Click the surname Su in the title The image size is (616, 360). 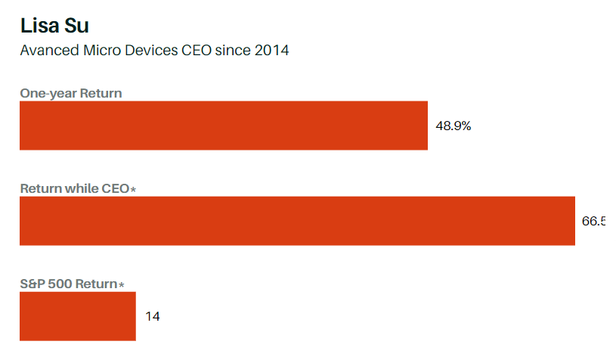78,26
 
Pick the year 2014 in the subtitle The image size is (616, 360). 271,51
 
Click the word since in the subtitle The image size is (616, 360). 234,51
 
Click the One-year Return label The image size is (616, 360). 71,93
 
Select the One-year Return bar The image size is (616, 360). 223,126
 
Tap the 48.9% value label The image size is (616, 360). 453,126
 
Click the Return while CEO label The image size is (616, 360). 75,188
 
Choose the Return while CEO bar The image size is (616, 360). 297,221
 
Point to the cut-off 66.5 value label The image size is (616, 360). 593,222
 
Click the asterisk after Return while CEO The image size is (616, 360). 133,189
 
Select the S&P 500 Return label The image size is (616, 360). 69,284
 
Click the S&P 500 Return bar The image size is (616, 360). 77,316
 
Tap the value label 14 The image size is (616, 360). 153,316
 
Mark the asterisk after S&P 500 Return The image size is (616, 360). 121,285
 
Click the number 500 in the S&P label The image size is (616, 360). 60,284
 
